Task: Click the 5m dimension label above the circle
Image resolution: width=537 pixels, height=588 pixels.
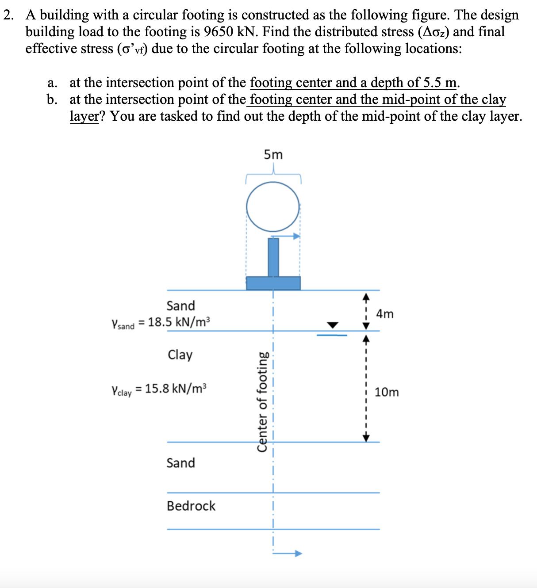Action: (273, 155)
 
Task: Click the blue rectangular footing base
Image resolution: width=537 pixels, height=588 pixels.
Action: (273, 283)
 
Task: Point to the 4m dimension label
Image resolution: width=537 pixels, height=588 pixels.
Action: (384, 314)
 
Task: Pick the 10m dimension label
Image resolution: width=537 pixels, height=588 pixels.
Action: (386, 392)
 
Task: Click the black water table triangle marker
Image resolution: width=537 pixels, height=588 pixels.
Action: (332, 325)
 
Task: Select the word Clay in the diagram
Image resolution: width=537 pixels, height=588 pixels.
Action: (180, 355)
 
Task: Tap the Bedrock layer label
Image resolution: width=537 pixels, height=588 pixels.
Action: (191, 506)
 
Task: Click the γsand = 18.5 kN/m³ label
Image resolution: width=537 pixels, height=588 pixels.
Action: (161, 323)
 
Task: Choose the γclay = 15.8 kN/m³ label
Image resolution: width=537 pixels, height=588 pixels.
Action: (159, 389)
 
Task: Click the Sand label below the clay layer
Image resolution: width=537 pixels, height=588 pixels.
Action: (180, 463)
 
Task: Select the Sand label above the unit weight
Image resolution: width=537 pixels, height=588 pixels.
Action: (180, 305)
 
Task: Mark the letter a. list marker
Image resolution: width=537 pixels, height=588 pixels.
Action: (52, 83)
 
